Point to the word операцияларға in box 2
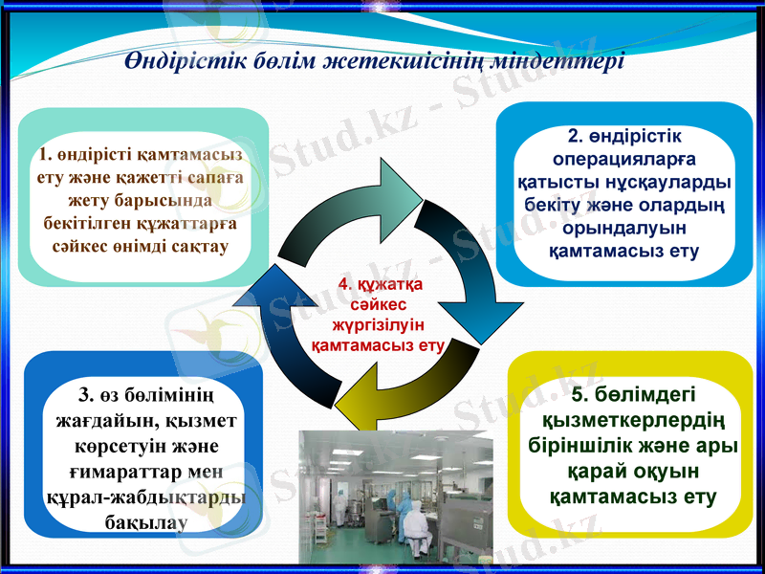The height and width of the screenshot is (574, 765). pyautogui.click(x=624, y=160)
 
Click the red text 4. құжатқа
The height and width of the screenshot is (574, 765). pyautogui.click(x=380, y=284)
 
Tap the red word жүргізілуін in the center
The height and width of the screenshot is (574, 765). pyautogui.click(x=380, y=324)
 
